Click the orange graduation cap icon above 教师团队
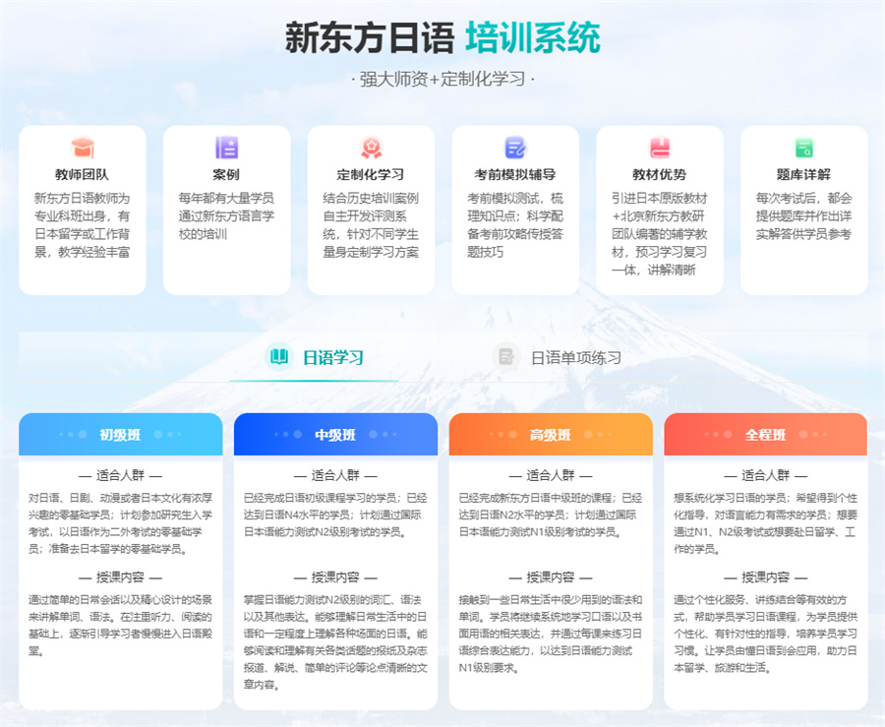(x=83, y=148)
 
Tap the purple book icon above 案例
(x=227, y=148)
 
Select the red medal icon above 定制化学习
(x=371, y=148)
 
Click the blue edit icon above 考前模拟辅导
(x=515, y=148)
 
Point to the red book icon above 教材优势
(x=660, y=148)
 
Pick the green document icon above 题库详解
(x=803, y=148)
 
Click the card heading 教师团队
(x=83, y=174)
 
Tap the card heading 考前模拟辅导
(x=515, y=174)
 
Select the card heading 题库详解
(x=803, y=174)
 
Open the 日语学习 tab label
(x=333, y=357)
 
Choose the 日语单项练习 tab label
(x=576, y=357)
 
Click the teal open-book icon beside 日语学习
(x=279, y=356)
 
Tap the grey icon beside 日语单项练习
(x=506, y=356)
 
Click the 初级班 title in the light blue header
(x=120, y=435)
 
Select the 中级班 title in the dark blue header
(x=335, y=435)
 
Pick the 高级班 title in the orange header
(x=551, y=435)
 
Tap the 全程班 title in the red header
(x=765, y=435)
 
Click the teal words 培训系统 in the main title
(x=533, y=37)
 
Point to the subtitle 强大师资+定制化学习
(x=442, y=79)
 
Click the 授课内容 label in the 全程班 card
(x=765, y=576)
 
